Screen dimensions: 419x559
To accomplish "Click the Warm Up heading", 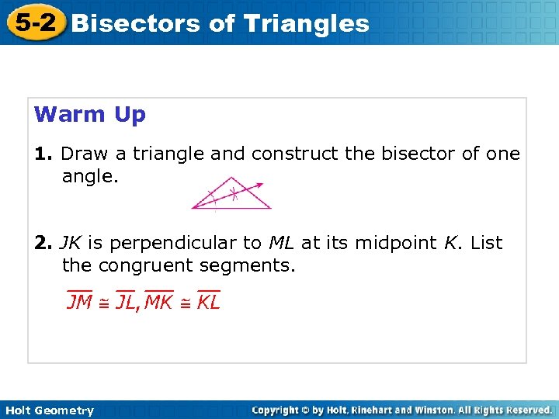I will [x=90, y=115].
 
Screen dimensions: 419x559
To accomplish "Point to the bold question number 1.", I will [x=43, y=154].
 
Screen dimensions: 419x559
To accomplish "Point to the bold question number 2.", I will [x=43, y=243].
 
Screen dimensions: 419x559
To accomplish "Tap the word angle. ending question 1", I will [x=90, y=178].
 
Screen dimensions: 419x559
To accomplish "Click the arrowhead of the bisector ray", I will [x=260, y=185].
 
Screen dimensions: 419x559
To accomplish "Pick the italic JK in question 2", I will [x=71, y=243].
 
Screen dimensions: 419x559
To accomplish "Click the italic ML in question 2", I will [x=281, y=243].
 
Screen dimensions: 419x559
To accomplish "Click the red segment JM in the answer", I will [x=79, y=301].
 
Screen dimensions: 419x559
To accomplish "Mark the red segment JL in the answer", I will [x=128, y=301].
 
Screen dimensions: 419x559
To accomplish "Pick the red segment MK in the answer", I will [x=159, y=301].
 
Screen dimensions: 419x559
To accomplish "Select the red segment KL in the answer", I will [x=209, y=301].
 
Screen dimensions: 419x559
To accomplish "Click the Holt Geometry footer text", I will [x=48, y=410].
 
